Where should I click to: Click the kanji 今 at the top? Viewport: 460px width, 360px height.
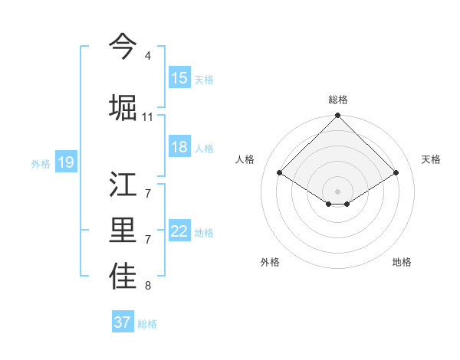click(x=123, y=46)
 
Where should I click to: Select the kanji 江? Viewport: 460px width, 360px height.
click(x=123, y=186)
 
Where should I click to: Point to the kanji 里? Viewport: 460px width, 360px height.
click(x=123, y=231)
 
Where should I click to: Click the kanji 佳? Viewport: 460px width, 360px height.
click(x=123, y=277)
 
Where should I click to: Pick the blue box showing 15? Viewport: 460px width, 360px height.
click(x=179, y=78)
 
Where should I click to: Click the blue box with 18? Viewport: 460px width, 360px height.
click(x=179, y=147)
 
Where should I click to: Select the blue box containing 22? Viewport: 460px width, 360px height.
click(x=179, y=231)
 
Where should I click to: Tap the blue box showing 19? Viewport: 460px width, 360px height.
click(x=66, y=162)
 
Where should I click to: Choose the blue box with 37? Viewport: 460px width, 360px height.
click(x=123, y=322)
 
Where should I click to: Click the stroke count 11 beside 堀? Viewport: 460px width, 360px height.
click(x=148, y=116)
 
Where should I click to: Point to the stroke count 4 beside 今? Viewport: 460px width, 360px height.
click(x=147, y=56)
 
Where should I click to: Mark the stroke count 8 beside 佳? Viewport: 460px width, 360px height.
click(x=147, y=286)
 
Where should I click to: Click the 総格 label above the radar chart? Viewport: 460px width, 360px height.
click(x=338, y=100)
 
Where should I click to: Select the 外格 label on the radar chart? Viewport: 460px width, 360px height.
click(x=270, y=262)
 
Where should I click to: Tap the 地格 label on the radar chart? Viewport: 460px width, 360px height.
click(x=402, y=262)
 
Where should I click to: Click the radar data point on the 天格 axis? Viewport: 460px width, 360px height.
click(x=396, y=173)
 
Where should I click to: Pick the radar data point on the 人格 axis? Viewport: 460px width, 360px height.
click(x=279, y=173)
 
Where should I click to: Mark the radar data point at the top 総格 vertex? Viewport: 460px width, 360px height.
click(x=337, y=116)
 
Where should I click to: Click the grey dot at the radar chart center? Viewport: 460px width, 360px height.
click(x=337, y=190)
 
